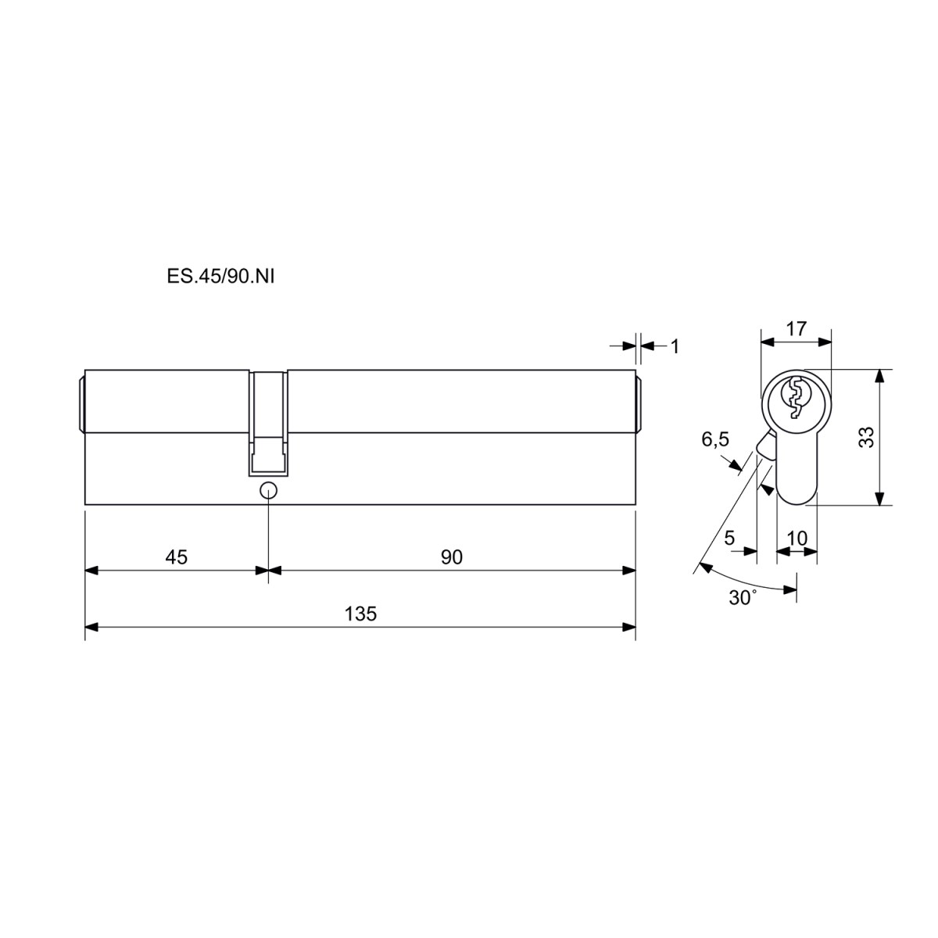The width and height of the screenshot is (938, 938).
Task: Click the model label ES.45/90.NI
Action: coord(220,277)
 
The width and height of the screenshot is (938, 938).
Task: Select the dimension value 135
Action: coord(360,614)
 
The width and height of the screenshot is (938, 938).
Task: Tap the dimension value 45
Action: coord(176,557)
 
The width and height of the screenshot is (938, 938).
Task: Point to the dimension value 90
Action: coord(452,557)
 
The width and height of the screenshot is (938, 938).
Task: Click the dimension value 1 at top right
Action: coord(675,346)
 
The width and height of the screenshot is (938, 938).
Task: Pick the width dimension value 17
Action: coord(797,328)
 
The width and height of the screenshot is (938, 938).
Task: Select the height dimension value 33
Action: coord(867,437)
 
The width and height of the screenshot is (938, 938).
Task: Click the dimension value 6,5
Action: coord(715,440)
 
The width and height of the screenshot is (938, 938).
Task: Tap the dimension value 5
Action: coord(729,538)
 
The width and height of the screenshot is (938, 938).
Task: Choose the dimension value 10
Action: coord(797,539)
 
